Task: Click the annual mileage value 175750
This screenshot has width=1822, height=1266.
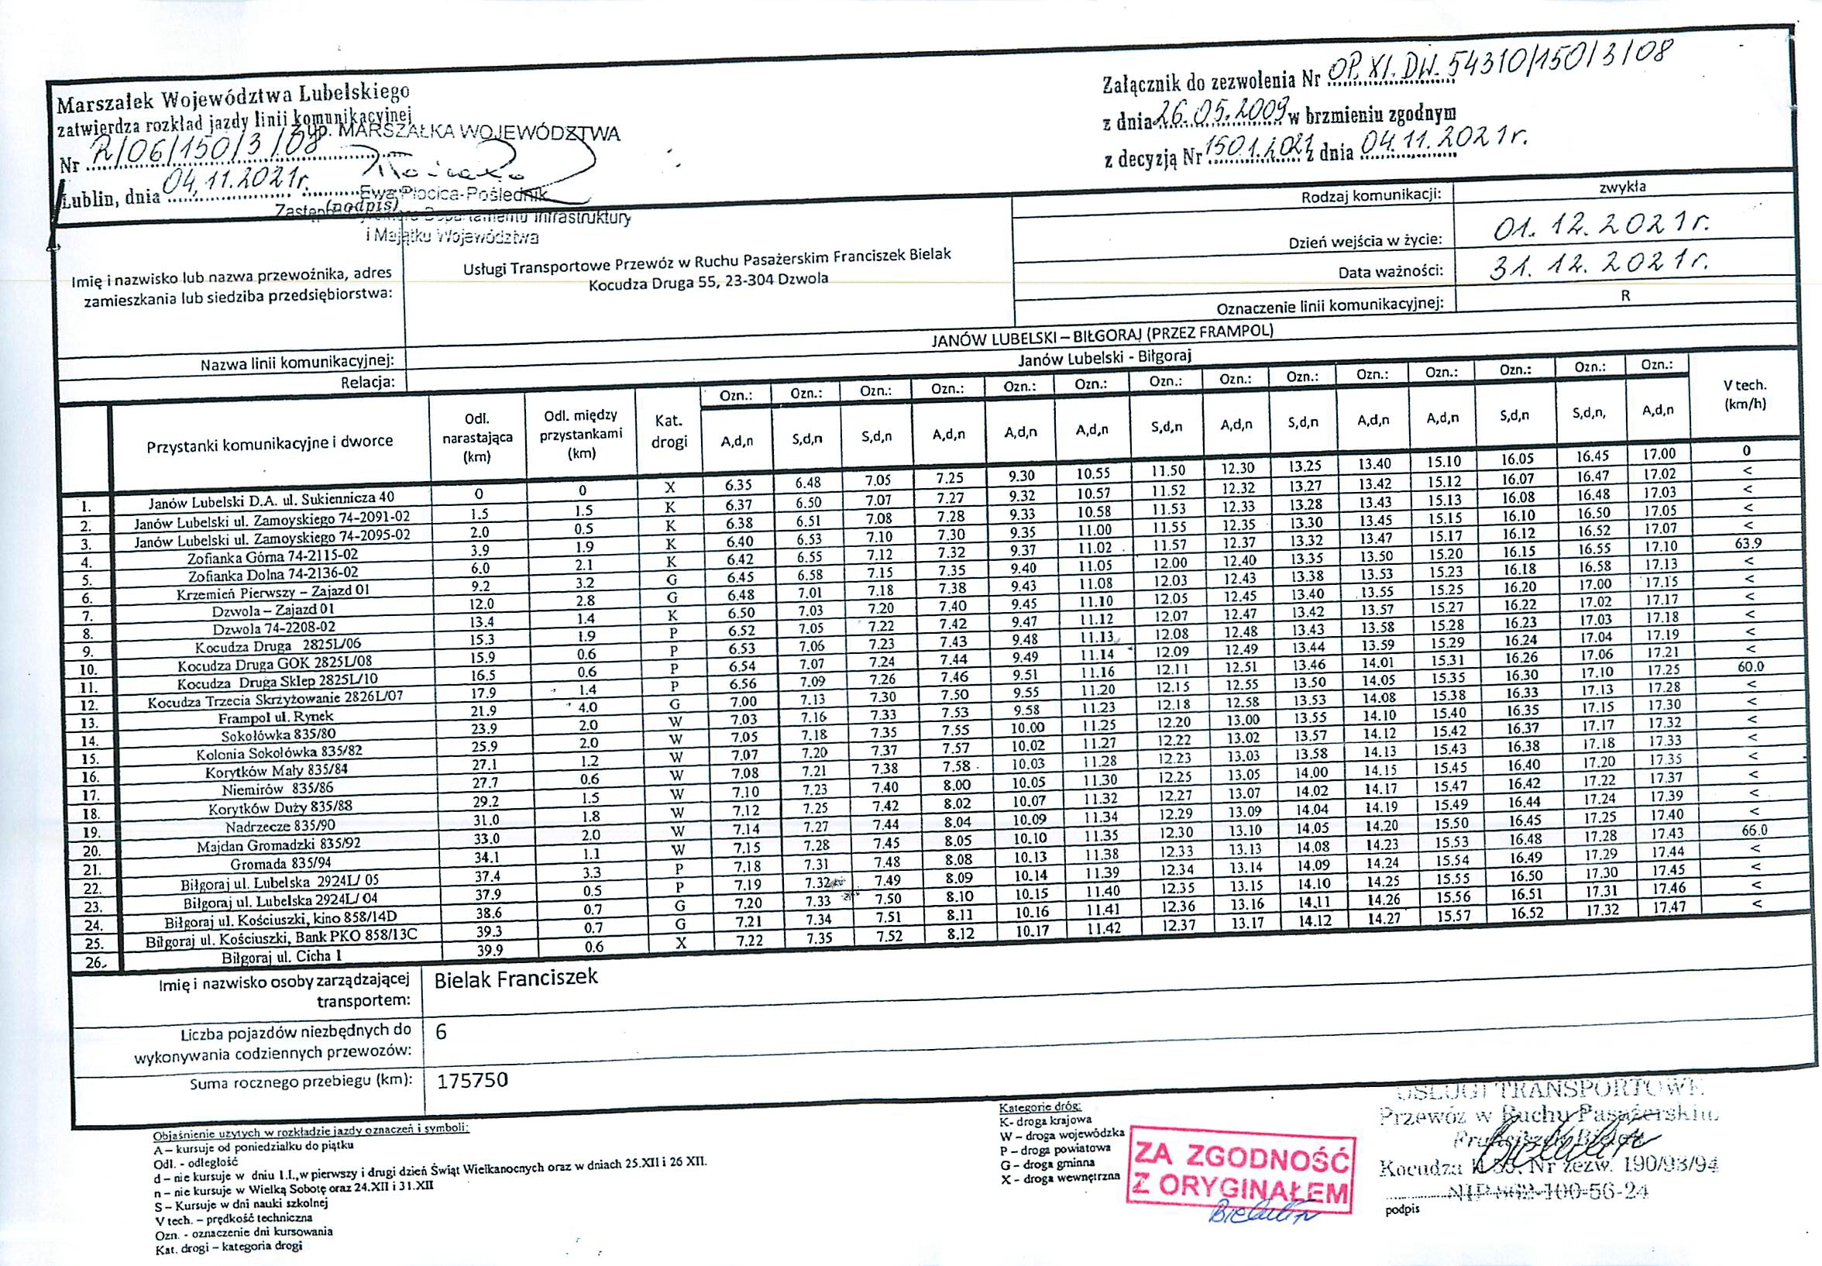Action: [x=471, y=1079]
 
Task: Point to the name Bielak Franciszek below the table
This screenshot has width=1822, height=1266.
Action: [x=515, y=978]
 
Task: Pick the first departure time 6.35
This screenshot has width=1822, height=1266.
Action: [x=737, y=485]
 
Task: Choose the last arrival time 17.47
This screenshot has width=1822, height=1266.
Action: [x=1658, y=905]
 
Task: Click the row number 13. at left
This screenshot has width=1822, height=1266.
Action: [x=90, y=723]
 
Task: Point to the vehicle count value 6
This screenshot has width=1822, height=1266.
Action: [x=442, y=1030]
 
